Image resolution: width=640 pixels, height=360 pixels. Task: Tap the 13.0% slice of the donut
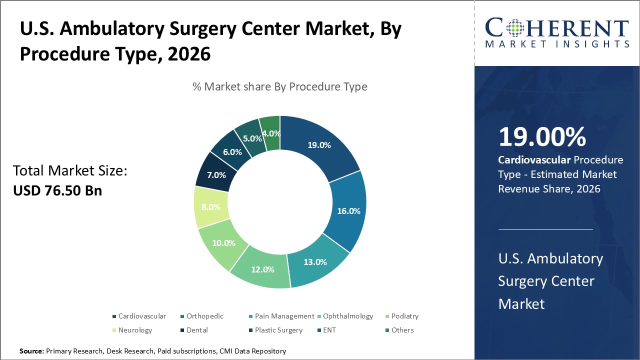[315, 261]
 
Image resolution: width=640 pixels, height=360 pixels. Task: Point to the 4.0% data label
[271, 133]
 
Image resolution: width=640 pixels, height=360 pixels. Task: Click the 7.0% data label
[216, 175]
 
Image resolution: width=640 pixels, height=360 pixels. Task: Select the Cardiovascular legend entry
[142, 316]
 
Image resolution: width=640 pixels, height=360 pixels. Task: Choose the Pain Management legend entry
[284, 316]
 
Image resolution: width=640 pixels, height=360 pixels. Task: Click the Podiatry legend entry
[404, 316]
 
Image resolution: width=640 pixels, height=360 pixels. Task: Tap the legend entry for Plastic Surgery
[278, 330]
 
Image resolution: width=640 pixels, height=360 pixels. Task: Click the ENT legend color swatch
[319, 330]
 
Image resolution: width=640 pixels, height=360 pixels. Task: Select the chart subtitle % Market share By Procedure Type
[280, 86]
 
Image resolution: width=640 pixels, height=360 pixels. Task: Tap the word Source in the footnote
[31, 351]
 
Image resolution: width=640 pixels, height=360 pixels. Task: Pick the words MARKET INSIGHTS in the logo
[557, 44]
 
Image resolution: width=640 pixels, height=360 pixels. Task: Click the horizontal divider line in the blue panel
[545, 229]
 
